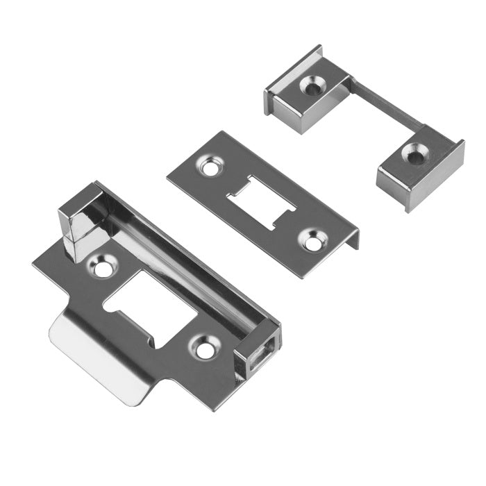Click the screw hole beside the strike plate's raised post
tap(103, 268)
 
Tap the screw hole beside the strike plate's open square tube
tap(204, 349)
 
